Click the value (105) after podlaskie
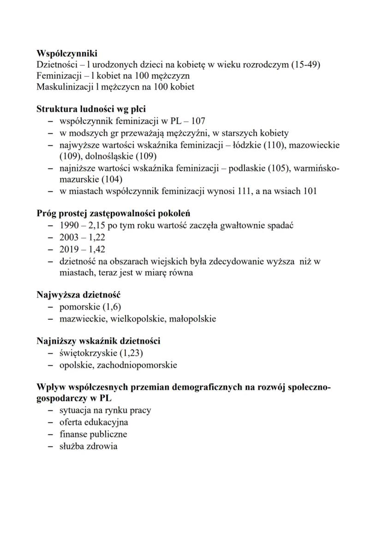(x=275, y=168)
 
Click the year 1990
(x=69, y=226)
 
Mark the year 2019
(x=69, y=249)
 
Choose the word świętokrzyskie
(x=88, y=353)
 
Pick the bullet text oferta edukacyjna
(x=94, y=423)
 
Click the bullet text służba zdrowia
(x=88, y=446)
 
